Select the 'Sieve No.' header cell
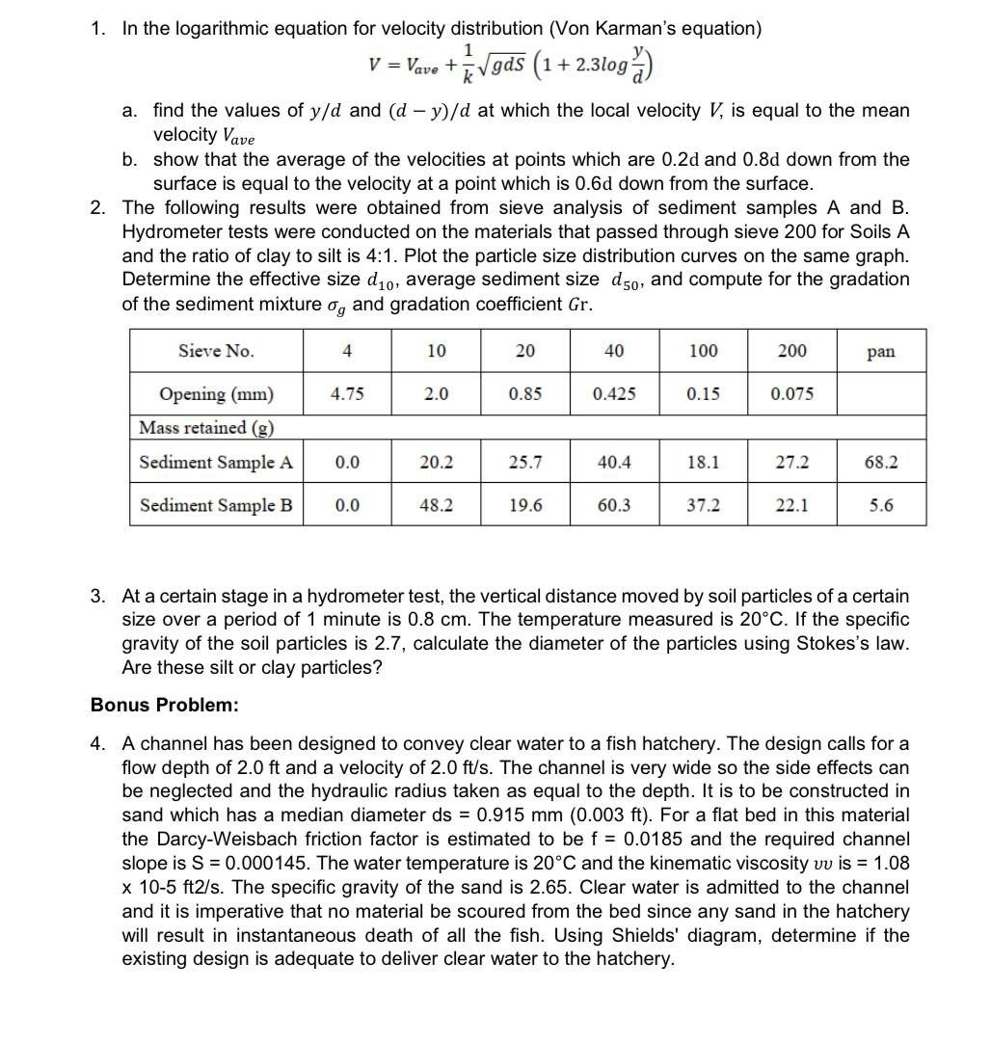pyautogui.click(x=216, y=351)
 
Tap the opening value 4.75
pyautogui.click(x=347, y=394)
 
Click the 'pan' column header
pyautogui.click(x=880, y=352)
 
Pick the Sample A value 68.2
pyautogui.click(x=880, y=463)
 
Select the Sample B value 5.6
pyautogui.click(x=880, y=505)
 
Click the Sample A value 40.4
pyautogui.click(x=614, y=463)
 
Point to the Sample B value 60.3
pyautogui.click(x=614, y=505)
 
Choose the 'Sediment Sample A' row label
pyautogui.click(x=216, y=463)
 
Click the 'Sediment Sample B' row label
pyautogui.click(x=216, y=505)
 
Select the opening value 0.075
pyautogui.click(x=791, y=394)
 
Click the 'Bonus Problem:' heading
pyautogui.click(x=164, y=705)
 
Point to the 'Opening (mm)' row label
pyautogui.click(x=216, y=394)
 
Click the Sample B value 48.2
pyautogui.click(x=436, y=505)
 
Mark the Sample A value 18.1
pyautogui.click(x=703, y=463)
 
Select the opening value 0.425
pyautogui.click(x=614, y=394)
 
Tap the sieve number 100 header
pyautogui.click(x=703, y=351)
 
